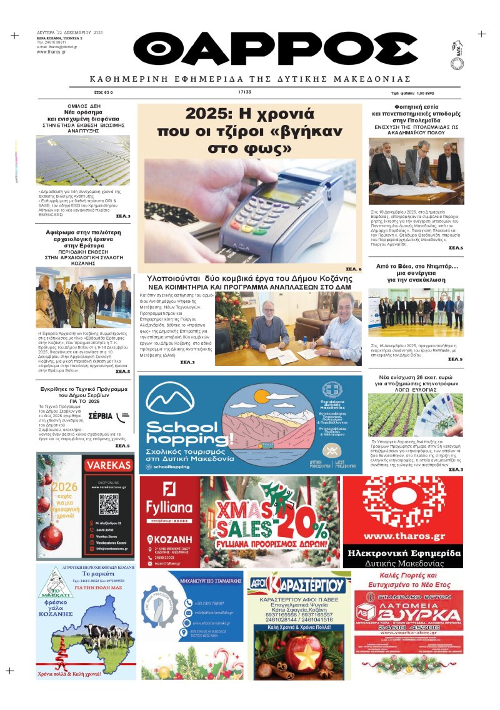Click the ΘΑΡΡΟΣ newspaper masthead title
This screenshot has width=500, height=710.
pos(275,49)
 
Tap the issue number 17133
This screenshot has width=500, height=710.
pos(244,92)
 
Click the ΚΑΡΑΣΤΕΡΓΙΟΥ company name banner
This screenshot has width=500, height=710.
pos(299,586)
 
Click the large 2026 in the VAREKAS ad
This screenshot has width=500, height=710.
pos(65,487)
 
